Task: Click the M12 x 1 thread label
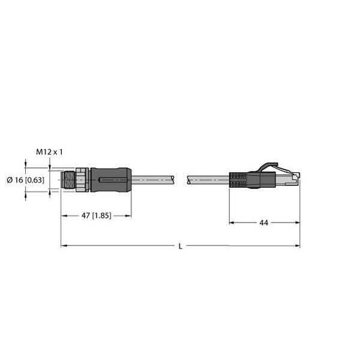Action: coord(49,152)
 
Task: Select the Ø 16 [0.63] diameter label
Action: coord(25,180)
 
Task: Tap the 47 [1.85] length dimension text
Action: coord(96,216)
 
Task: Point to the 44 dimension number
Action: coord(263,223)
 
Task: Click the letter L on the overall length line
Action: coord(181,247)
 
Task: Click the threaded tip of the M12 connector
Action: coord(68,180)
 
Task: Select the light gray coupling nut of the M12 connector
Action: coord(82,180)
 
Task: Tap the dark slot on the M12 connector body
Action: coord(113,180)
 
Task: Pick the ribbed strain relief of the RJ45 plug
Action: coord(238,180)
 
